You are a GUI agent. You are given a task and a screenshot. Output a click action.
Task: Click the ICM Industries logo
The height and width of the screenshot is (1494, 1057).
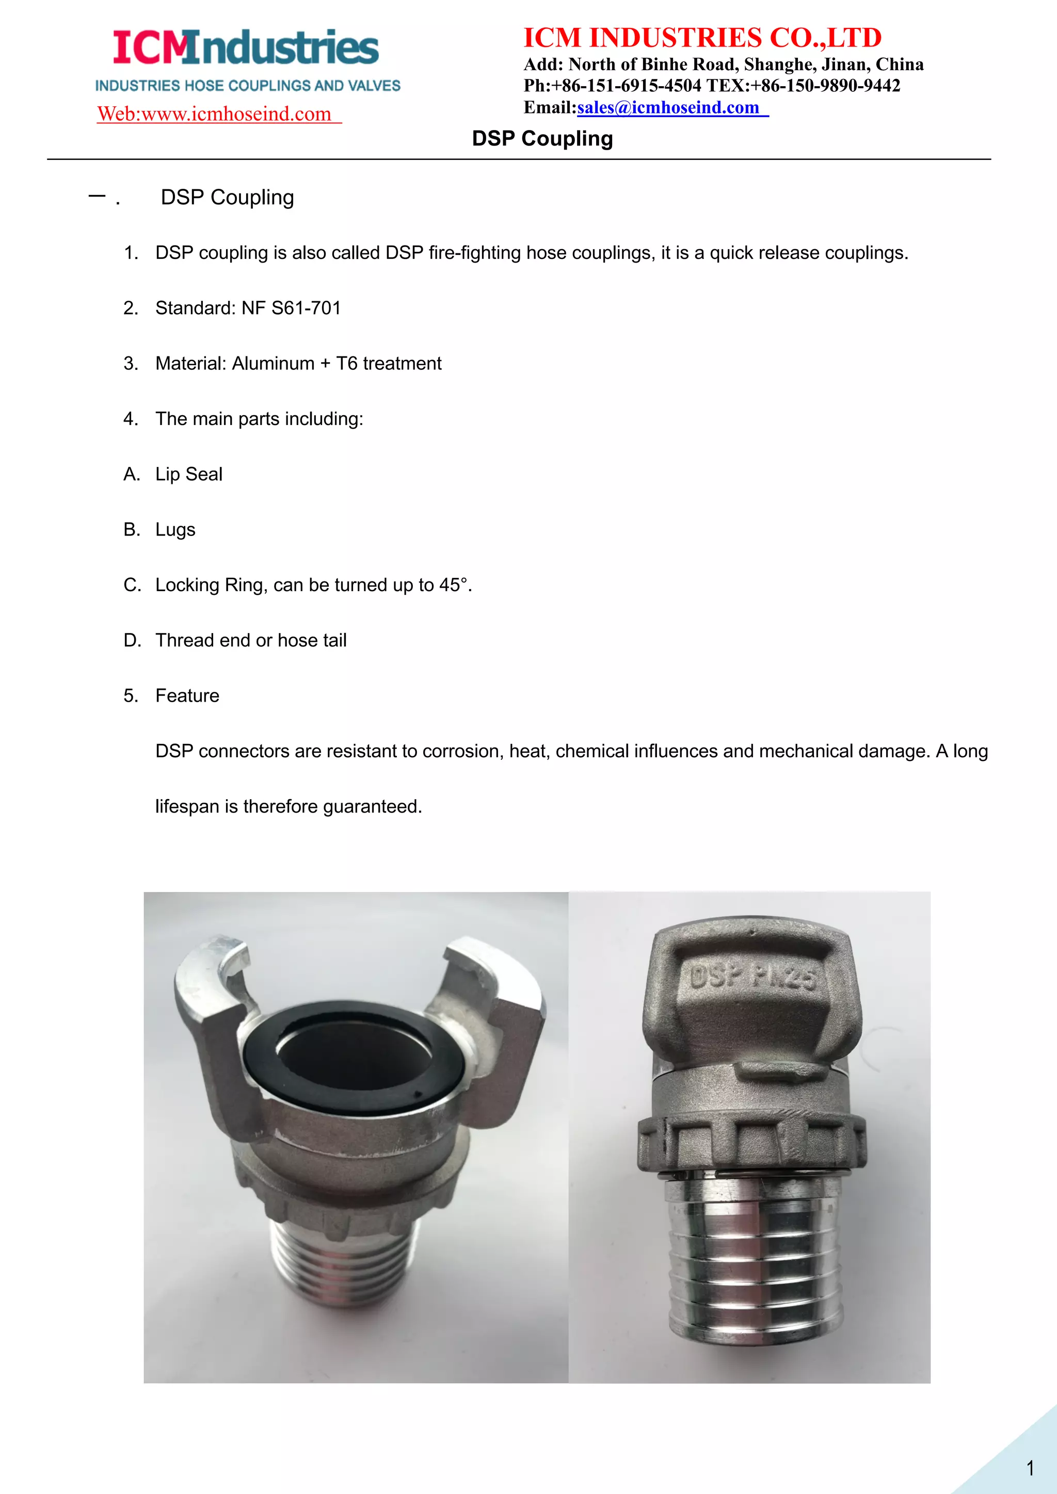click(x=246, y=49)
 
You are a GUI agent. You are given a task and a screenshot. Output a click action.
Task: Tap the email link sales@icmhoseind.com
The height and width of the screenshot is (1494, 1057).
click(x=668, y=107)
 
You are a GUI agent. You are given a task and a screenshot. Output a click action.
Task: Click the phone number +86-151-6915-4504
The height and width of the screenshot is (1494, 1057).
click(x=626, y=86)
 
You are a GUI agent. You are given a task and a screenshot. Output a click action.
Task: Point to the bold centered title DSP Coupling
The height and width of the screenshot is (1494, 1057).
click(x=541, y=139)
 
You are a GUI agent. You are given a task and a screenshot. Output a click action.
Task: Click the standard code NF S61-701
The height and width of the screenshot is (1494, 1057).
click(x=291, y=308)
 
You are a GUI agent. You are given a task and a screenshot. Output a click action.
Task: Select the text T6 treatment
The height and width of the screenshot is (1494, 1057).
click(x=389, y=363)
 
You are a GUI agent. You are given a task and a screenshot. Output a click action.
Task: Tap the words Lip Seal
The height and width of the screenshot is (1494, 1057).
click(x=189, y=475)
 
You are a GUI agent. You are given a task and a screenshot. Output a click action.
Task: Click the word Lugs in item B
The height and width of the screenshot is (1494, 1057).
click(x=175, y=530)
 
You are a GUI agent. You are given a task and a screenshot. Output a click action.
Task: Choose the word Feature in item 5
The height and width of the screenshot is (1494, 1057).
click(x=187, y=695)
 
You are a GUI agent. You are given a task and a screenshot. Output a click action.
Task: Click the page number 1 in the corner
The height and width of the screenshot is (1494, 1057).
click(x=1030, y=1468)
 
